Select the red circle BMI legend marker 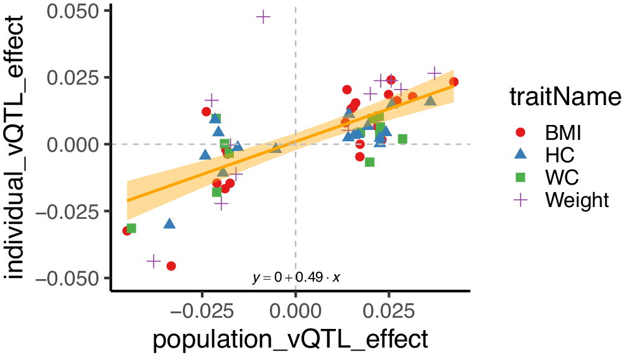tap(521, 132)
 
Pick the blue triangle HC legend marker tap(521, 154)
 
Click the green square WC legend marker tap(521, 177)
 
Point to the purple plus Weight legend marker tap(521, 200)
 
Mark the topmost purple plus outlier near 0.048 tap(263, 17)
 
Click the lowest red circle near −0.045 tap(171, 266)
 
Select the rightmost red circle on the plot tap(453, 82)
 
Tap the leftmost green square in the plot tap(131, 228)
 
